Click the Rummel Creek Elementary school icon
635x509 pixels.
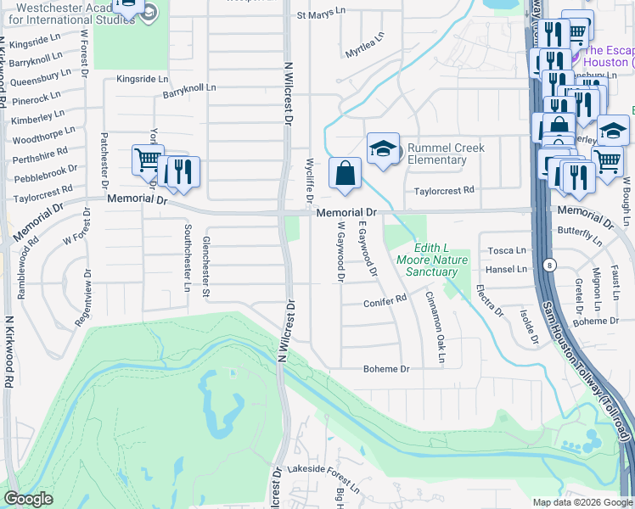tap(383, 148)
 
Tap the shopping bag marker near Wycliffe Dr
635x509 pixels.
tap(344, 173)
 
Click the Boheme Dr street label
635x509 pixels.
tap(386, 369)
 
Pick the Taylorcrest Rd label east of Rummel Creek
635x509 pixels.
tap(444, 192)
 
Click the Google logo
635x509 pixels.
tap(29, 499)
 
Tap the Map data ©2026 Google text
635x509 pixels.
tap(582, 502)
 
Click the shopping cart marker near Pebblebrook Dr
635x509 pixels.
tap(147, 159)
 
